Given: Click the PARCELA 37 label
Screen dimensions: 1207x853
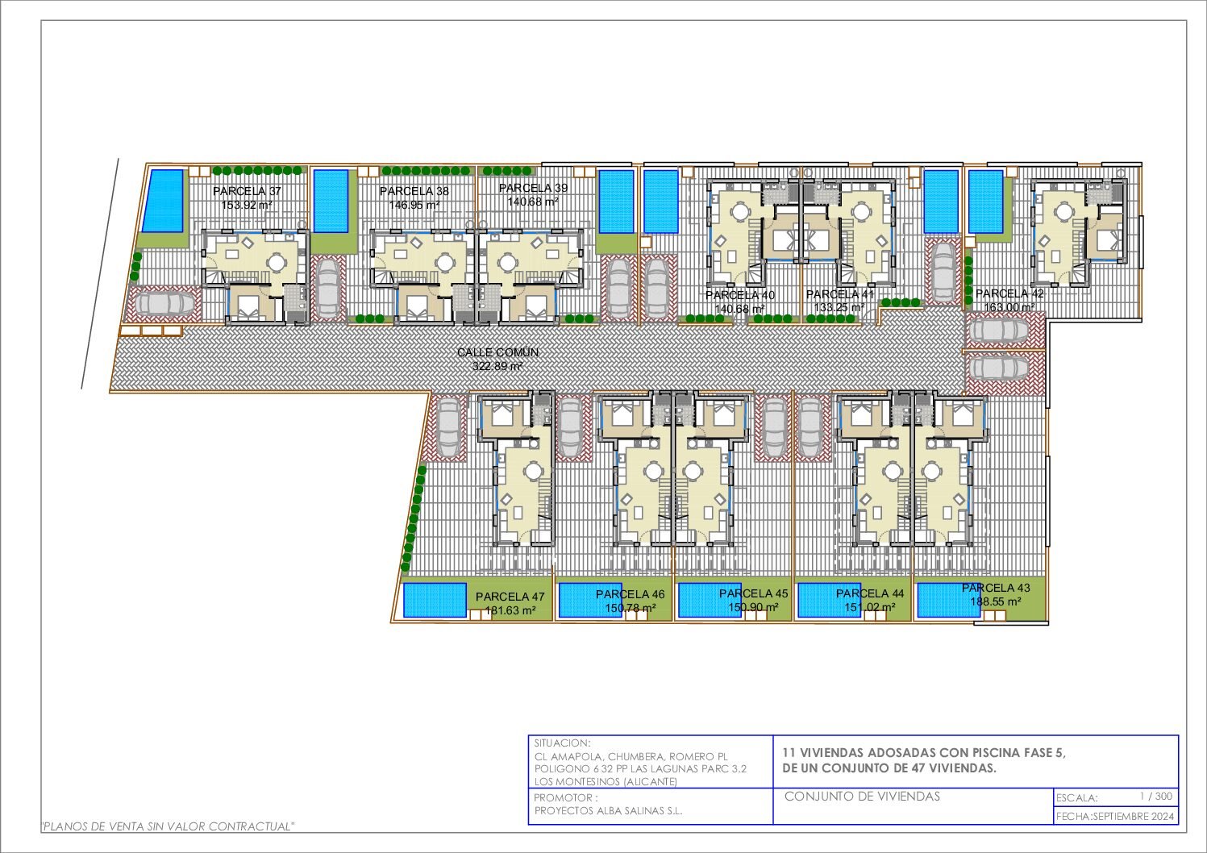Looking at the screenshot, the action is [247, 191].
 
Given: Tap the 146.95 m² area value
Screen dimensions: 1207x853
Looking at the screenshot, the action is [414, 206].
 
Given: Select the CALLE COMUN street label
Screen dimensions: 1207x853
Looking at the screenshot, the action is [498, 352].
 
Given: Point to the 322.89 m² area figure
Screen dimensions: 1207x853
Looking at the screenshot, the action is [498, 366].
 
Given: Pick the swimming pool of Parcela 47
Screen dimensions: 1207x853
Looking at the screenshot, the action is [435, 599].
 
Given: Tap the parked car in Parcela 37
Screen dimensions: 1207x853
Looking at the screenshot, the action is [165, 304].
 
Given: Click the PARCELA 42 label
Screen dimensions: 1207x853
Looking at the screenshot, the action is [1009, 293].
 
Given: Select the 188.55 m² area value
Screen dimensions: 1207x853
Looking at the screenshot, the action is [995, 602].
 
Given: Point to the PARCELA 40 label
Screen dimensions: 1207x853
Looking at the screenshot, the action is [740, 295].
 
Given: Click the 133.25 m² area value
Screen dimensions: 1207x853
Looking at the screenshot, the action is [839, 308].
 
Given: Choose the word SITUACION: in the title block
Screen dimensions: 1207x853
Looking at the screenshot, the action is [562, 743].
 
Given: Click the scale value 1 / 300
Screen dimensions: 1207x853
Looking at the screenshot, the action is [1156, 796].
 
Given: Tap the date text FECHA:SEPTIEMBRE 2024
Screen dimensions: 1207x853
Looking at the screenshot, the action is [1115, 817].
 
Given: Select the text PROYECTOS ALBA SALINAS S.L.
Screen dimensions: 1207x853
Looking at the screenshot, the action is [609, 811].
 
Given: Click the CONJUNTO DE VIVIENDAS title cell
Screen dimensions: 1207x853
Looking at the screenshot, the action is [862, 797].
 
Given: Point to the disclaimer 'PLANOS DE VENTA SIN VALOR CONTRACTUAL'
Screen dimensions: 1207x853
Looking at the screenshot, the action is [169, 826].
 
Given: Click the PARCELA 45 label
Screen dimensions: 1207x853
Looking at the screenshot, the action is [753, 594].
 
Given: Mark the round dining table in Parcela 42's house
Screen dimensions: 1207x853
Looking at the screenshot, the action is [1063, 211].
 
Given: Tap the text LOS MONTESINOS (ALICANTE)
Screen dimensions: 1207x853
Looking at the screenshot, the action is [606, 782].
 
